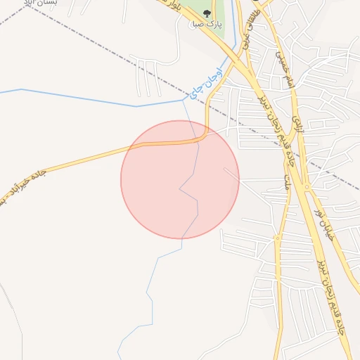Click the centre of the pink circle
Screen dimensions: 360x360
click(180, 179)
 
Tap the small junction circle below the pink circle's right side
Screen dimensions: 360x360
click(277, 239)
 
